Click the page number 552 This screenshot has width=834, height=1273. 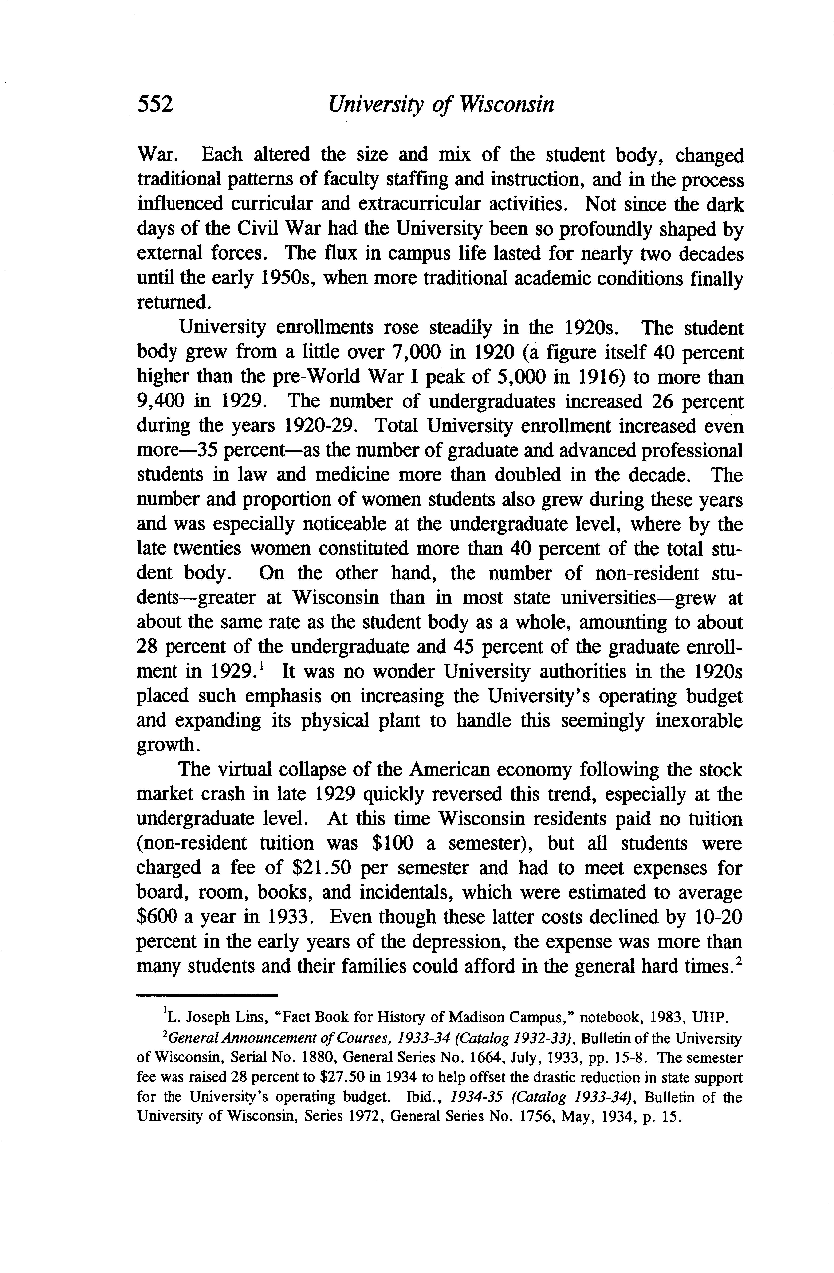coord(156,105)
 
